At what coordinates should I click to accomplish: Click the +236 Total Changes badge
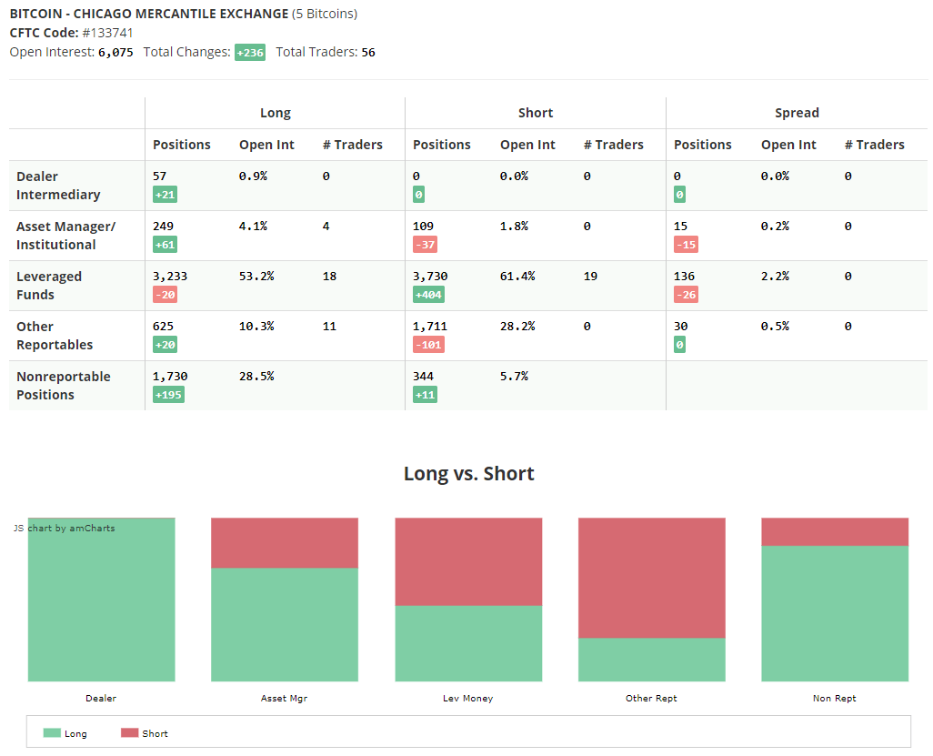coord(250,53)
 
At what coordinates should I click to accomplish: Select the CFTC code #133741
coord(107,33)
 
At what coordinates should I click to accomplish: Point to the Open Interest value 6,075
coord(115,53)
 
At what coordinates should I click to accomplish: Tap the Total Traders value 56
coord(368,53)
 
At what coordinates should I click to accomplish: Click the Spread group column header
coord(797,113)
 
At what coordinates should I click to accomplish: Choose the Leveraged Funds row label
coord(49,286)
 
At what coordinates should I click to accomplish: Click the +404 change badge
coord(428,295)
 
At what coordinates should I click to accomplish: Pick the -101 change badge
coord(428,345)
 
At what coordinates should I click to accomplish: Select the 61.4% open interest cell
coord(517,277)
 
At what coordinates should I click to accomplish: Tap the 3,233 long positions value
coord(170,277)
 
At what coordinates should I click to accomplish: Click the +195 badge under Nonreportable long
coord(168,395)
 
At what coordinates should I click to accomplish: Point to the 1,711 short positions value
coord(430,327)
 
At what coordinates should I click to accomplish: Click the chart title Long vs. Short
coord(469,473)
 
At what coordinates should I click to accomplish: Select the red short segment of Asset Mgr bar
coord(285,543)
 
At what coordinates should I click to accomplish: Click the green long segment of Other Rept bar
coord(651,660)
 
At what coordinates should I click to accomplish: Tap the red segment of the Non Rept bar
coord(835,531)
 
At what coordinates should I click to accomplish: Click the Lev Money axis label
coord(467,699)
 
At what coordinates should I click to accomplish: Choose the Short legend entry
coord(145,733)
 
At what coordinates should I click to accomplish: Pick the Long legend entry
coord(65,733)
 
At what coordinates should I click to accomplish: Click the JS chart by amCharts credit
coord(65,528)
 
